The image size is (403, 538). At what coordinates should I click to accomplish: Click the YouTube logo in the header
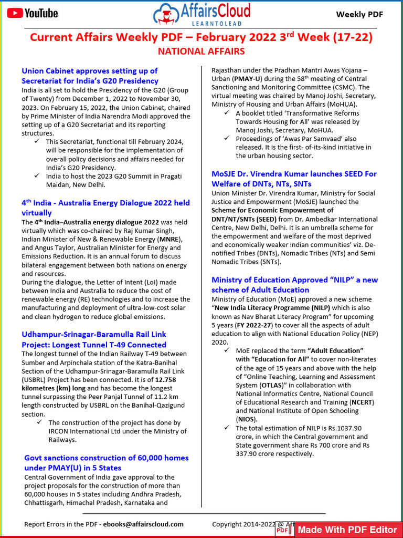click(33, 13)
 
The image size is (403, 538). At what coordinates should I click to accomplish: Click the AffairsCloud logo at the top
click(201, 14)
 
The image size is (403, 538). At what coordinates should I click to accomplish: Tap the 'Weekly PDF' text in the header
click(359, 14)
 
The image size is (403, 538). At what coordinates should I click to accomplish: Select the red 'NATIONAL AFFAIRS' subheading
click(201, 51)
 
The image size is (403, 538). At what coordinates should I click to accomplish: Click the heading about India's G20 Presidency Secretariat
click(90, 76)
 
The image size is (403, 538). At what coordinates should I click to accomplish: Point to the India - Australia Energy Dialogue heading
click(105, 208)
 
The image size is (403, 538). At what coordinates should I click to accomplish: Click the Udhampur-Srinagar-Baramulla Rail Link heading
click(94, 339)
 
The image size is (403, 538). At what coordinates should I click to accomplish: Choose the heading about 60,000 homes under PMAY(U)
click(106, 462)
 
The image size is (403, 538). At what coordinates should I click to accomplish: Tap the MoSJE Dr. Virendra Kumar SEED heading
click(294, 179)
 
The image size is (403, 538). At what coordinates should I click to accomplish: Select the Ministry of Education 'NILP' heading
click(294, 285)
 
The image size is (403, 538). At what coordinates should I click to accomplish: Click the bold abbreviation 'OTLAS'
click(270, 385)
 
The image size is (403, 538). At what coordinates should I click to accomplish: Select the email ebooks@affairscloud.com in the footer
click(143, 524)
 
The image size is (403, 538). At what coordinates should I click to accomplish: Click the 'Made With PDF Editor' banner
click(346, 530)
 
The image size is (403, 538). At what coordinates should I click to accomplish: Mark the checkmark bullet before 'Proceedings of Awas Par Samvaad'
click(226, 138)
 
